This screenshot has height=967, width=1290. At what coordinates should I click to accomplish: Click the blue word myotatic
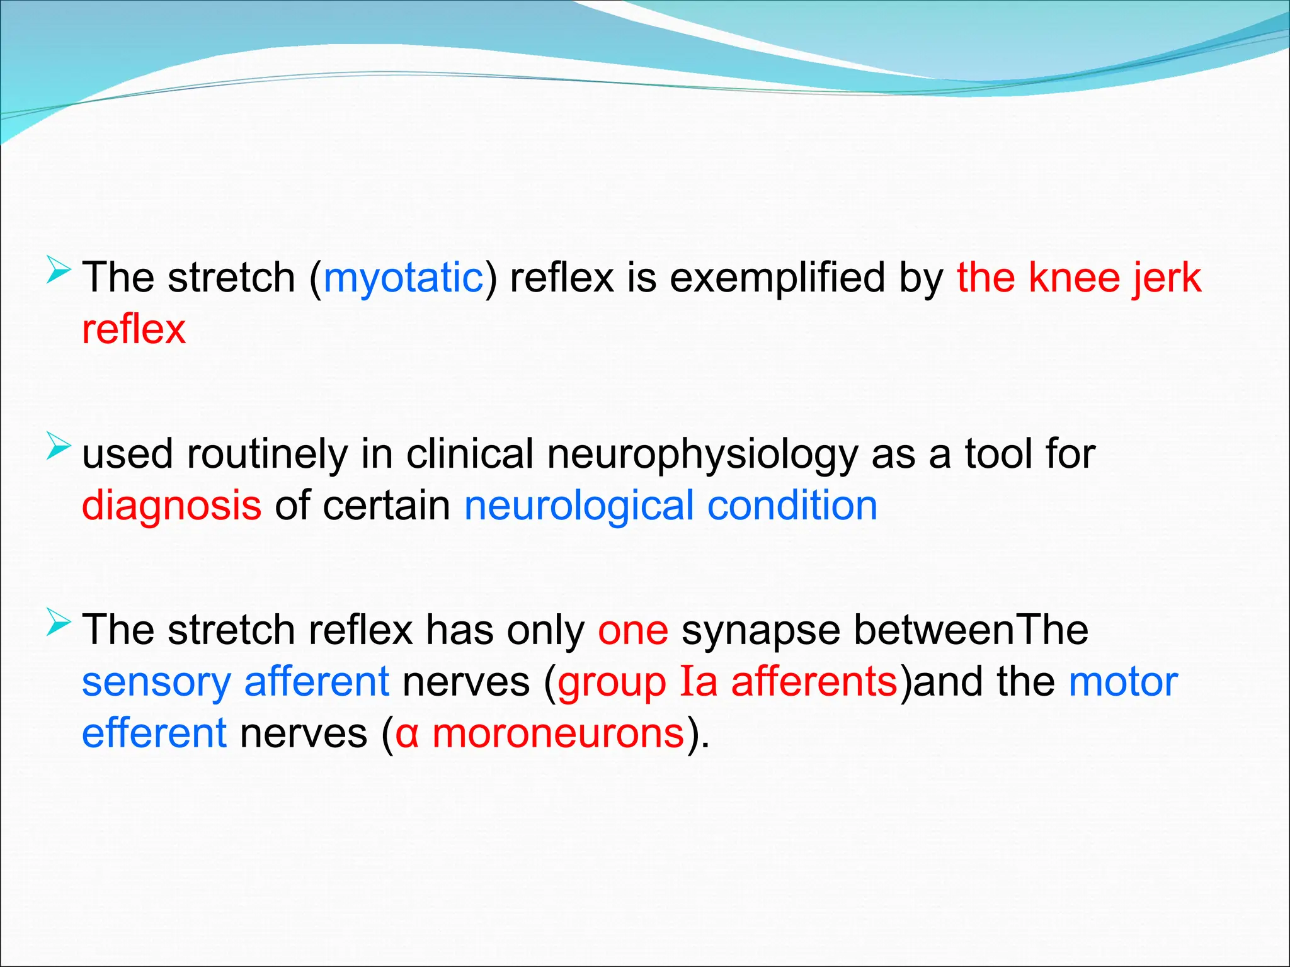403,278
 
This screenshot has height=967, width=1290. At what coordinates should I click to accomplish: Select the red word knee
1073,278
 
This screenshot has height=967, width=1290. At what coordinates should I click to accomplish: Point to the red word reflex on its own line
134,329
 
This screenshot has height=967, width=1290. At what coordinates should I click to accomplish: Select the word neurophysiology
702,454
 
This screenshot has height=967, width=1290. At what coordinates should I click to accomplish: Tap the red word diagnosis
171,506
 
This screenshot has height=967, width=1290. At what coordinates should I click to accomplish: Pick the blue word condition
792,506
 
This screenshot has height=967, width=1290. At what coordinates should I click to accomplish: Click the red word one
633,630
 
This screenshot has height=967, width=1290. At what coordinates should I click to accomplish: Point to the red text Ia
699,682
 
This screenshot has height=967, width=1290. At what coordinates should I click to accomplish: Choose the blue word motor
1123,682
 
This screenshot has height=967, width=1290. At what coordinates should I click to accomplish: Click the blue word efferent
154,733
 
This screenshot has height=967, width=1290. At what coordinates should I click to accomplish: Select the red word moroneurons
558,733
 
